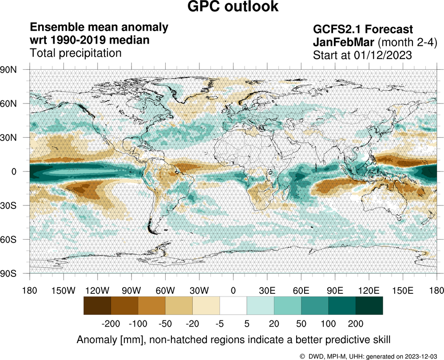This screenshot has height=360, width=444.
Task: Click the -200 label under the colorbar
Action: coord(111,322)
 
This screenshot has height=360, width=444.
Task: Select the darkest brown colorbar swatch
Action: coord(97,306)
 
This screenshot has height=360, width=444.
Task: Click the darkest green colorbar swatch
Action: coord(369,306)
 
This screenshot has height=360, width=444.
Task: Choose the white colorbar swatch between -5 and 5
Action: coord(233,306)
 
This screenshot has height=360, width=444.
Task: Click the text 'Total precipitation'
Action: coord(75,53)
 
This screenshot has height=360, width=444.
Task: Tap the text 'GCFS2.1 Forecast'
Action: coord(363,30)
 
